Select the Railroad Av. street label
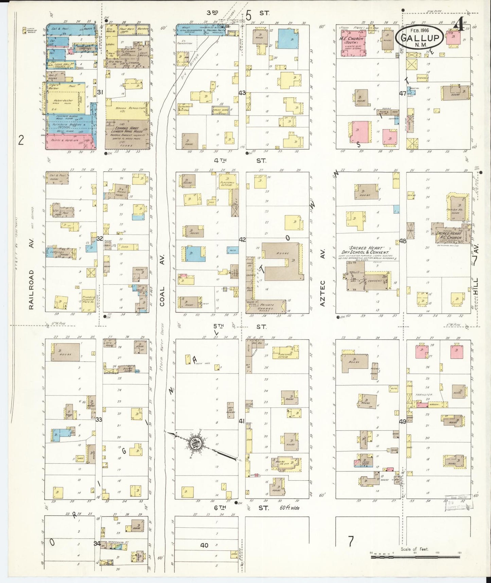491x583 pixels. click(x=31, y=289)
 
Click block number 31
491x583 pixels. click(x=100, y=92)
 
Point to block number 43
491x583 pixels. click(x=242, y=93)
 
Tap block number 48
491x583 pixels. click(x=403, y=241)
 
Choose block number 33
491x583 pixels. click(x=99, y=419)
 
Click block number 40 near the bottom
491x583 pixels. click(x=204, y=545)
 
